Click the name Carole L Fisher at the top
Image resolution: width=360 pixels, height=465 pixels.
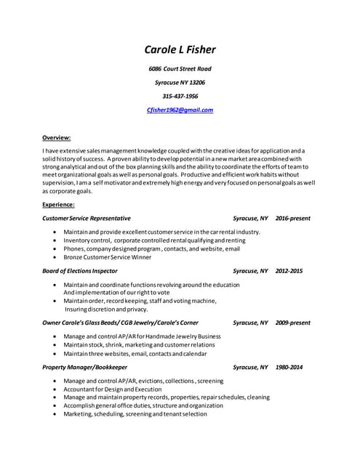[x=180, y=50]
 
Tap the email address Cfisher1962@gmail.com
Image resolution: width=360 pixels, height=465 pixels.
[x=180, y=110]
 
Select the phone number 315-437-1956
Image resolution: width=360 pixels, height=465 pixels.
[x=180, y=96]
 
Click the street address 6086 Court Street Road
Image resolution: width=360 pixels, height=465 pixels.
[x=180, y=68]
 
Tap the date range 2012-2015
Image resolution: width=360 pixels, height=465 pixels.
[x=289, y=271]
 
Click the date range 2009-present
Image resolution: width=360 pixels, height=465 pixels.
[x=293, y=323]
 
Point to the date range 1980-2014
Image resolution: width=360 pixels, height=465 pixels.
[x=289, y=368]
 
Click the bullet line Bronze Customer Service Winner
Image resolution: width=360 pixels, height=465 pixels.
[x=108, y=257]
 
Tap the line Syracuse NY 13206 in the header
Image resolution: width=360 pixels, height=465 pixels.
[x=180, y=82]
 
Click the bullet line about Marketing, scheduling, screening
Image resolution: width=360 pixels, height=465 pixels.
[x=135, y=414]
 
